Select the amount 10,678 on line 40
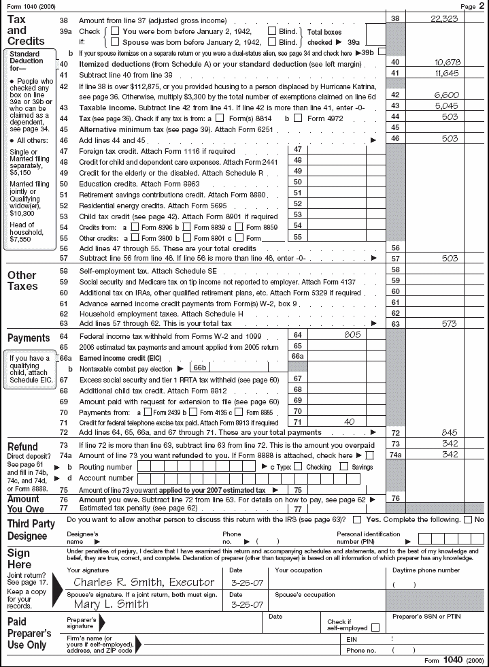coord(447,62)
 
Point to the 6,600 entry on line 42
coord(447,95)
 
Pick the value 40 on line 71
coord(350,421)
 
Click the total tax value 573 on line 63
coord(447,324)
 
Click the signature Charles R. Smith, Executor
coord(144,582)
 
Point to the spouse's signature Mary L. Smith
coord(111,604)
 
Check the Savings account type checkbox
coord(343,466)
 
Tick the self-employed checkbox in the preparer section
coord(375,628)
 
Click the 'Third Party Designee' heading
coord(31,530)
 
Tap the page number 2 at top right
coord(481,5)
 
